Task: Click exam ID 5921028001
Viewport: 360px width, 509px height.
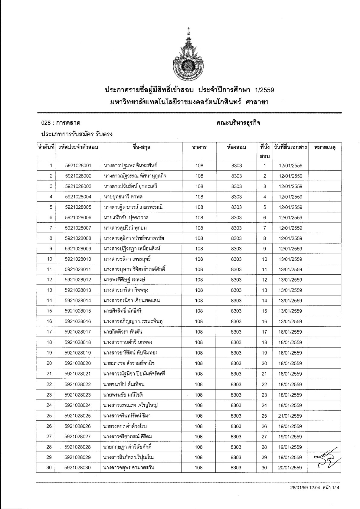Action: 78,166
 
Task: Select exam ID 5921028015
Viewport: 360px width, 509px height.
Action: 78,311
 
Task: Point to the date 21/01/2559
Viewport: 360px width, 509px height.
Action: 290,416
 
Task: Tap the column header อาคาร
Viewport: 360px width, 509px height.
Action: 199,148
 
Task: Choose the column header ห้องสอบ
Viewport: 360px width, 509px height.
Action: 236,148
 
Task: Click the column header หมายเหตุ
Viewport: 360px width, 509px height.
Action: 325,148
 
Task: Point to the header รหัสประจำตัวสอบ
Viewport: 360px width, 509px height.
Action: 78,148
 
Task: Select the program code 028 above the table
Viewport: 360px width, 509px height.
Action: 45,123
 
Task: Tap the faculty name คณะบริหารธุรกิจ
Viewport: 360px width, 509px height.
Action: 239,123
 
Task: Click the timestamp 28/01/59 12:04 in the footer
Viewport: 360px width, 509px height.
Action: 303,496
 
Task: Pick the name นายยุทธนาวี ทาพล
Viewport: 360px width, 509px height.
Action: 123,197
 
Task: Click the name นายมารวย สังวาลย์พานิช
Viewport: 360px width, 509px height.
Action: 129,363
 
